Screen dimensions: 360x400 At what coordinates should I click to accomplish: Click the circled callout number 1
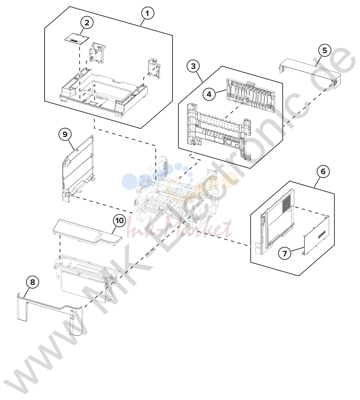tap(148, 13)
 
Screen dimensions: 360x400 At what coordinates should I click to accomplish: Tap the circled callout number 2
tap(87, 23)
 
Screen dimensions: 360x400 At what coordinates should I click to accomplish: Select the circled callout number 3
tap(193, 66)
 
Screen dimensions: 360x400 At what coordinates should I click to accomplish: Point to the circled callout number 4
tap(209, 94)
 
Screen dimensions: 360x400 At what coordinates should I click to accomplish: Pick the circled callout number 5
tap(325, 50)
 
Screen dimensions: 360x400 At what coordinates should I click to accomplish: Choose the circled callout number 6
tap(323, 171)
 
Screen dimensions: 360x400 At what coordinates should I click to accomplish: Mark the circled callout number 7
tap(285, 253)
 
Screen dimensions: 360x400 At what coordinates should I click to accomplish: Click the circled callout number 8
tap(33, 282)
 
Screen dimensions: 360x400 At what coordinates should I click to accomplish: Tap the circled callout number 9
tap(65, 134)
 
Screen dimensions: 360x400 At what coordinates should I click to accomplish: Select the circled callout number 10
tap(119, 220)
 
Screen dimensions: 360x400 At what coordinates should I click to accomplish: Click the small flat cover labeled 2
tap(76, 39)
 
